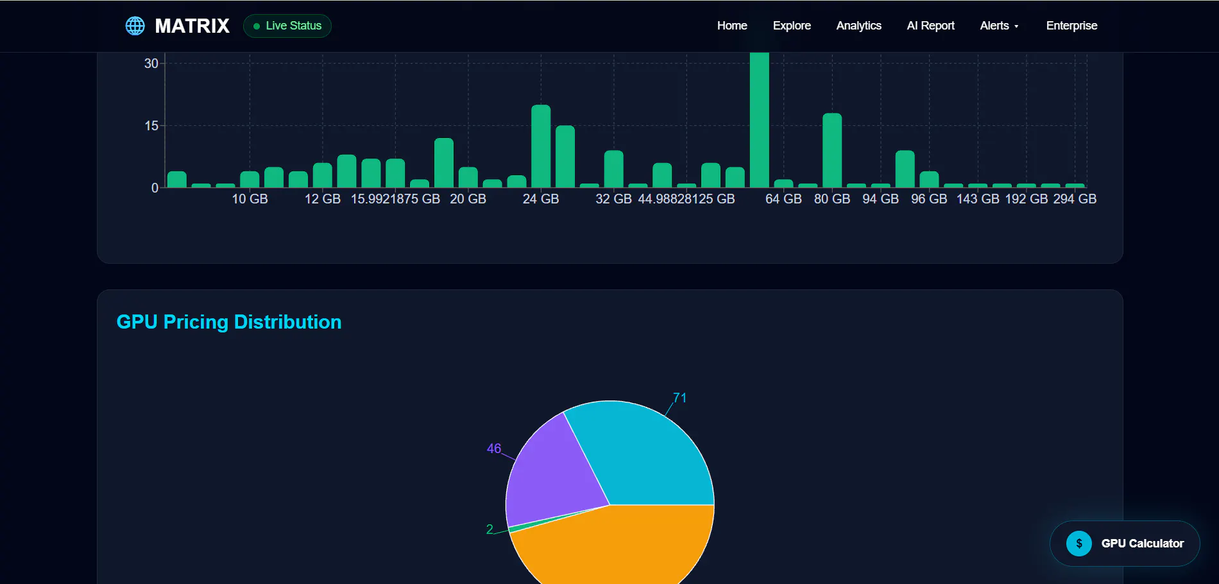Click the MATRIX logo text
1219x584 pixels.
tap(192, 26)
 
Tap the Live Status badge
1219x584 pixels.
tap(287, 26)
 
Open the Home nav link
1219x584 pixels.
tap(732, 26)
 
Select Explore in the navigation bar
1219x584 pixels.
tap(792, 26)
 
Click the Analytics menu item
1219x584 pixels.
tap(858, 26)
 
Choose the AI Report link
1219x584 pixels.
tap(930, 26)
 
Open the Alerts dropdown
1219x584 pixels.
tap(999, 26)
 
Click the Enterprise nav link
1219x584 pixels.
tap(1071, 26)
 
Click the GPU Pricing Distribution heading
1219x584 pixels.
tap(229, 322)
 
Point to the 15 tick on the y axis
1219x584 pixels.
tap(151, 126)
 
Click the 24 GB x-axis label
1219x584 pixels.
tap(541, 199)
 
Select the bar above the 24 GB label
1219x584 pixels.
tap(541, 146)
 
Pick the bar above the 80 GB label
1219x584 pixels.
tap(832, 150)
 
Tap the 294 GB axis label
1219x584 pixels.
tap(1075, 199)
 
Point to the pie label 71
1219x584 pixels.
tap(679, 398)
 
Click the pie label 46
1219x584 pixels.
tap(494, 449)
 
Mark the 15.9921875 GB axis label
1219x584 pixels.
tap(395, 199)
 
